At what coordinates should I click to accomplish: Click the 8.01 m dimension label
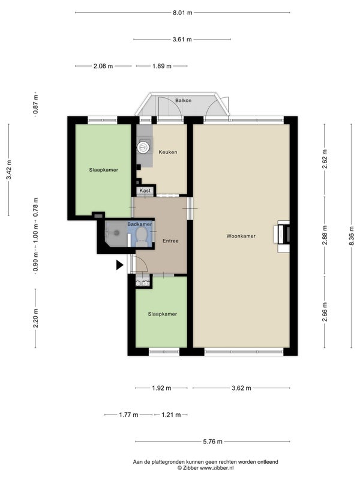pyautogui.click(x=182, y=13)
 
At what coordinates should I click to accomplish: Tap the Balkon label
pyautogui.click(x=184, y=100)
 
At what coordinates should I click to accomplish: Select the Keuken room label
pyautogui.click(x=168, y=152)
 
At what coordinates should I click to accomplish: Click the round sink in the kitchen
pyautogui.click(x=143, y=148)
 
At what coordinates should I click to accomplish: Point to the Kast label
pyautogui.click(x=145, y=190)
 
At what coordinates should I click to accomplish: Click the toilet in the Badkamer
pyautogui.click(x=141, y=238)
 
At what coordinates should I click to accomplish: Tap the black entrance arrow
pyautogui.click(x=119, y=265)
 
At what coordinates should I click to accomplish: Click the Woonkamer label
pyautogui.click(x=241, y=236)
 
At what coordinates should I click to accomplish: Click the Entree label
pyautogui.click(x=170, y=241)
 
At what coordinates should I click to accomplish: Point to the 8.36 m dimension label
pyautogui.click(x=352, y=236)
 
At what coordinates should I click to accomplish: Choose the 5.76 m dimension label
pyautogui.click(x=213, y=442)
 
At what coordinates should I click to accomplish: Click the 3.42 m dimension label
pyautogui.click(x=9, y=170)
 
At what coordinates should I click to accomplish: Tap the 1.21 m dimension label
pyautogui.click(x=171, y=415)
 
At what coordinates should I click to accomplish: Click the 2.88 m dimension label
pyautogui.click(x=325, y=235)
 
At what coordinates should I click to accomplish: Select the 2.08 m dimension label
pyautogui.click(x=103, y=66)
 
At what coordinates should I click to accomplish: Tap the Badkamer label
pyautogui.click(x=140, y=224)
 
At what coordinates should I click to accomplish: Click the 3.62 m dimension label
pyautogui.click(x=241, y=388)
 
